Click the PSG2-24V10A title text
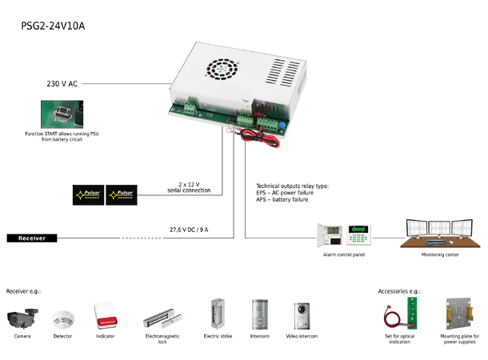click(x=53, y=26)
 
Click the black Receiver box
click(x=32, y=238)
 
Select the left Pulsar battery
click(x=89, y=194)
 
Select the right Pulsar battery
click(x=121, y=194)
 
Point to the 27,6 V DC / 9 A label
click(x=189, y=229)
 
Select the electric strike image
click(x=217, y=314)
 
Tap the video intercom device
click(x=301, y=314)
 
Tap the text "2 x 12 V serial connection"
click(x=189, y=186)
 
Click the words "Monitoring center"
click(x=439, y=254)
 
